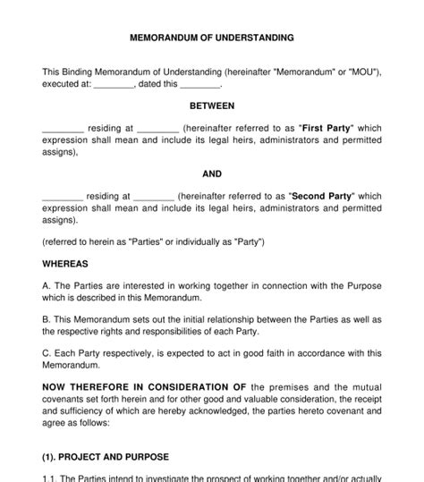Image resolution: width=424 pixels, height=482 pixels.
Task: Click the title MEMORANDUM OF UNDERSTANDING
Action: (212, 38)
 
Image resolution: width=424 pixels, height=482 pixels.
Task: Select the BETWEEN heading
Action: (212, 106)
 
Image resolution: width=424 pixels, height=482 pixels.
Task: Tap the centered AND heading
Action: (212, 173)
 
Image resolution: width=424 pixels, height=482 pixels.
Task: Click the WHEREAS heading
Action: (65, 264)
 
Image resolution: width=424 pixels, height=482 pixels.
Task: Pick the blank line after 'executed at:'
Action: (114, 85)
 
